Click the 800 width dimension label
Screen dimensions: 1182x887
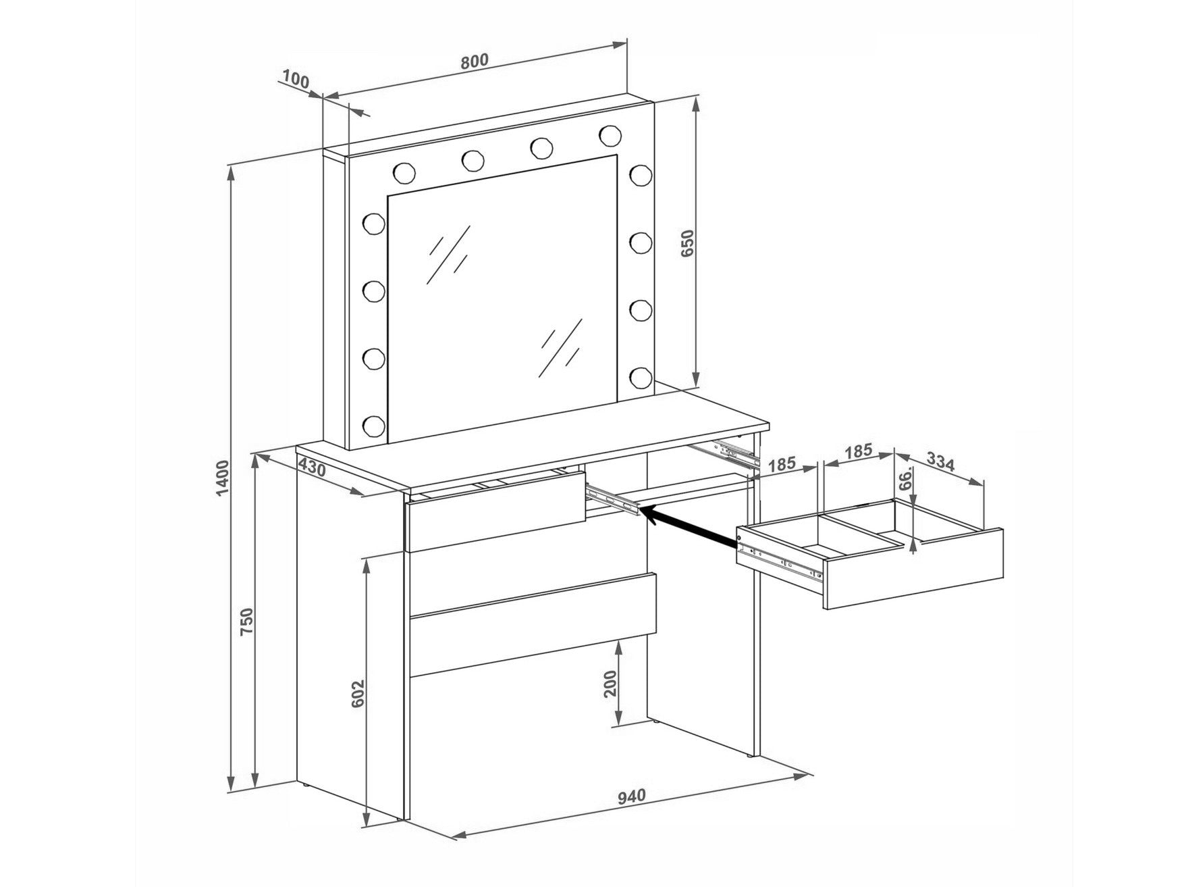474,61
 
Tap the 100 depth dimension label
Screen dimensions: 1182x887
295,80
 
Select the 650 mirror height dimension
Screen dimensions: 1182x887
687,243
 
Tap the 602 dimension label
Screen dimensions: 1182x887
358,692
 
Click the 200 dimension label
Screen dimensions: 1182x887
612,686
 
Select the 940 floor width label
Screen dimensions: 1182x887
633,796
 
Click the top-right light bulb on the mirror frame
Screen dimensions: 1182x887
610,136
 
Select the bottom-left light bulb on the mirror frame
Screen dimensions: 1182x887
373,425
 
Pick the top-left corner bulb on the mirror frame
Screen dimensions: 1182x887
404,173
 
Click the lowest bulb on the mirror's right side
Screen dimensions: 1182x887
640,375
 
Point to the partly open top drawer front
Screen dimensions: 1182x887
495,511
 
